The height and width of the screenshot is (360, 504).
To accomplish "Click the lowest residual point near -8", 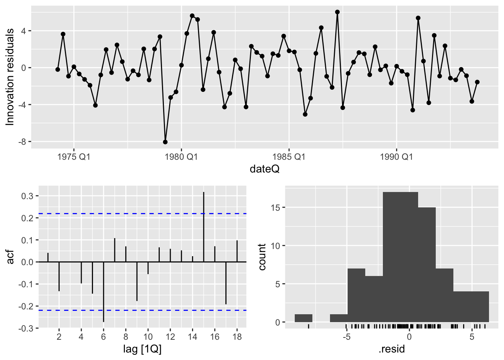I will pyautogui.click(x=165, y=142).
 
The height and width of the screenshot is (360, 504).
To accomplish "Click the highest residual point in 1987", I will pyautogui.click(x=337, y=12).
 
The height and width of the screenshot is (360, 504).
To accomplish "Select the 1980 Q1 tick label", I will pyautogui.click(x=181, y=157).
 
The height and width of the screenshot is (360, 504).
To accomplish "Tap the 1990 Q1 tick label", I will pyautogui.click(x=396, y=157).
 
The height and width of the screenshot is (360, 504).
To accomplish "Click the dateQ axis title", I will pyautogui.click(x=265, y=169).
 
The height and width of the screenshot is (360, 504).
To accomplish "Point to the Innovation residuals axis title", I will pyautogui.click(x=10, y=77).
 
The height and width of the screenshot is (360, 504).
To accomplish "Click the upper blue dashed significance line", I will pyautogui.click(x=150, y=214).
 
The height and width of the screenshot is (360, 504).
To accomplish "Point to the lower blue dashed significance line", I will pyautogui.click(x=150, y=310).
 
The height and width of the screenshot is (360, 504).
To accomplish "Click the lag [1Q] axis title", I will pyautogui.click(x=142, y=349).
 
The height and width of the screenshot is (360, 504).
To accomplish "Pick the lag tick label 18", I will pyautogui.click(x=237, y=336).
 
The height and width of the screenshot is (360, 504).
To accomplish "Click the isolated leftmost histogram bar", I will pyautogui.click(x=303, y=318).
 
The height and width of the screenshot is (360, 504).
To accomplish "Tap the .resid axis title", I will pyautogui.click(x=392, y=349).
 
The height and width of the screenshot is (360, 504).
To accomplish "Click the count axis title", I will pyautogui.click(x=262, y=257).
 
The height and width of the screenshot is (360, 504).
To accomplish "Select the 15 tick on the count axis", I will pyautogui.click(x=276, y=207).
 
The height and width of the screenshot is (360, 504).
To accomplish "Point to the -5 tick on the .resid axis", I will pyautogui.click(x=346, y=336).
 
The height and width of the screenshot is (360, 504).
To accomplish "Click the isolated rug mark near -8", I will pyautogui.click(x=308, y=326).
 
